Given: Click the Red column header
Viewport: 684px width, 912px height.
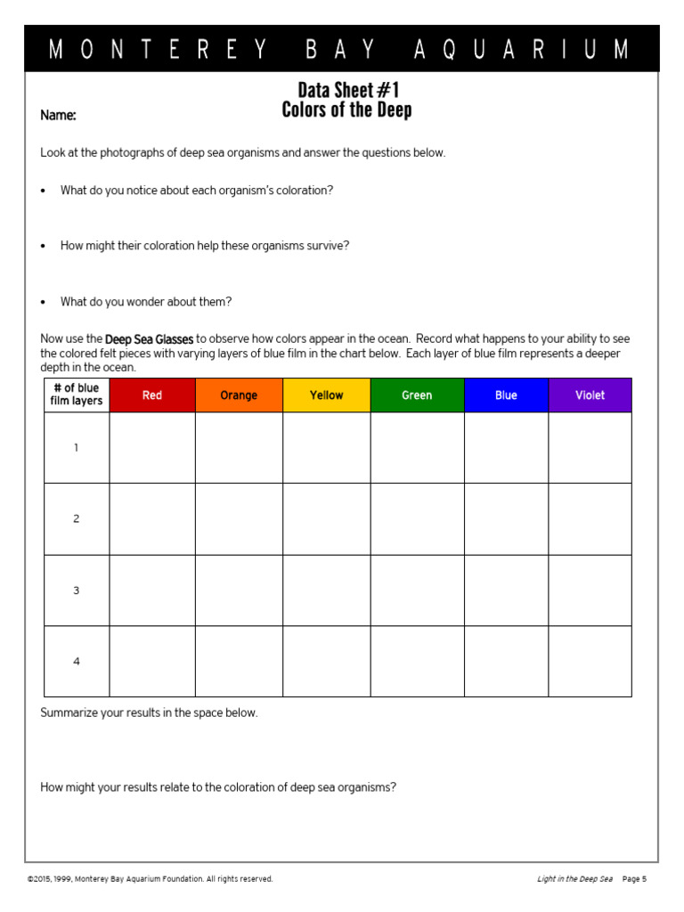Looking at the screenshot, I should click(x=152, y=395).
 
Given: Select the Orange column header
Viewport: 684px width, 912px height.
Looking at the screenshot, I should click(x=239, y=395).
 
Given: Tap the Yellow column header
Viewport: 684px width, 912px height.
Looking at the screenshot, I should click(x=326, y=395).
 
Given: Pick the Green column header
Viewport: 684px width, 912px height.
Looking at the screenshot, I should click(x=417, y=395).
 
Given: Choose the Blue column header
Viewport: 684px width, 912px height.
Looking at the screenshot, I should click(x=506, y=395).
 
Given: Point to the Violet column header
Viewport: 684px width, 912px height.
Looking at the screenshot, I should click(x=590, y=395).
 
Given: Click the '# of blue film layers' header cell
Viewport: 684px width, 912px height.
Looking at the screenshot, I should click(x=77, y=395).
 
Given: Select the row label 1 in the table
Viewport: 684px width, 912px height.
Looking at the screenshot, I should click(x=77, y=448).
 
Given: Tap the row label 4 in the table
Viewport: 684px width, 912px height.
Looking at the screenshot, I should click(x=77, y=662).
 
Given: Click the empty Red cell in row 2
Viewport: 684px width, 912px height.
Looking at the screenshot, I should click(x=152, y=519).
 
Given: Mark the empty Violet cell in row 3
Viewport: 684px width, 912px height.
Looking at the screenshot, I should click(x=590, y=590).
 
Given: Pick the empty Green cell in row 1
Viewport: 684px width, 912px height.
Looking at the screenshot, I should click(x=417, y=448).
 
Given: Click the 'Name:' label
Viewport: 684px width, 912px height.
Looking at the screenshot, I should click(x=58, y=116).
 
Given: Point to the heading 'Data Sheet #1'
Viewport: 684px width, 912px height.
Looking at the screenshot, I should click(x=347, y=90).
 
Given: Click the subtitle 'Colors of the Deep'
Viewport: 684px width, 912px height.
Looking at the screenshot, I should click(x=347, y=110).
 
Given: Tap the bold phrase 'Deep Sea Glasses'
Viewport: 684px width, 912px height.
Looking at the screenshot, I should click(x=149, y=339).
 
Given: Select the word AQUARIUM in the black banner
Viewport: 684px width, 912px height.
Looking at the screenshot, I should click(x=521, y=50).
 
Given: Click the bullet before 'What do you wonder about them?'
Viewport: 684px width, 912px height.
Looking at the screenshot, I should click(x=43, y=302).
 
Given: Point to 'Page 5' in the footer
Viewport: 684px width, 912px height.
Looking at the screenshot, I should click(x=634, y=879).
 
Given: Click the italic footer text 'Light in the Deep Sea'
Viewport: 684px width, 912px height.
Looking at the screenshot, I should click(x=574, y=879).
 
